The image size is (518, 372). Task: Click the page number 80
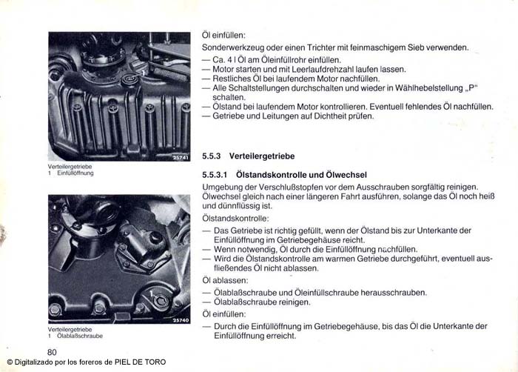(52, 351)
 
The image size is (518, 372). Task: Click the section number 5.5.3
(212, 156)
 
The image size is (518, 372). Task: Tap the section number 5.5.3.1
(216, 174)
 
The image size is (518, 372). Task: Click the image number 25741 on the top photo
(181, 159)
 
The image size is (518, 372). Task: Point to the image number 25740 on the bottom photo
(181, 320)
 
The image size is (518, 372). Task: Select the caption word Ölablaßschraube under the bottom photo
(80, 336)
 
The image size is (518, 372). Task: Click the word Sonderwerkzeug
(232, 47)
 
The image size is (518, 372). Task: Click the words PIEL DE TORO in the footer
(141, 362)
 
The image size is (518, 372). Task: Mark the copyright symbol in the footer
(9, 362)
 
